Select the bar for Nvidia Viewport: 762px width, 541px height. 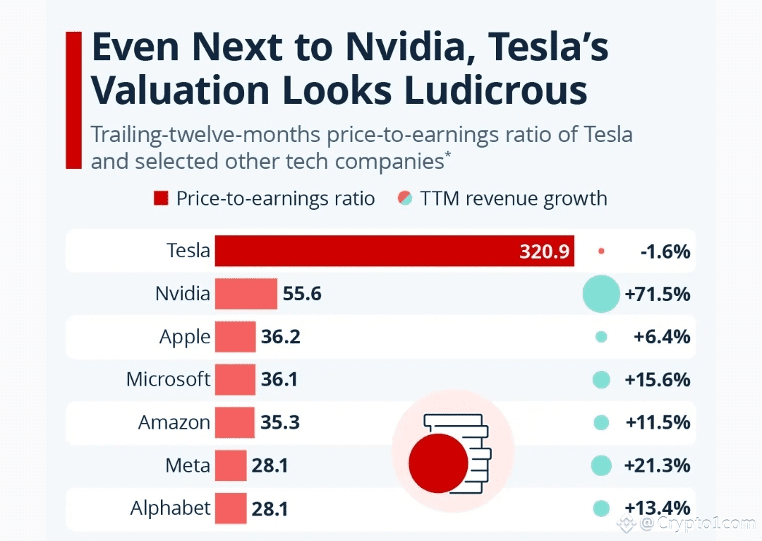(x=246, y=294)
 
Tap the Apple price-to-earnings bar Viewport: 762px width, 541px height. (x=235, y=337)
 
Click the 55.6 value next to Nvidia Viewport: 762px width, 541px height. (x=302, y=294)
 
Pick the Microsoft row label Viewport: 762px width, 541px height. (x=168, y=379)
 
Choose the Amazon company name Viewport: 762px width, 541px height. (x=174, y=422)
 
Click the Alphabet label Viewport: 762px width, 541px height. (x=171, y=508)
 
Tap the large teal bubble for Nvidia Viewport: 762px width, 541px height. (x=601, y=295)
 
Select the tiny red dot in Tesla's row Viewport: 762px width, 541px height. (x=601, y=251)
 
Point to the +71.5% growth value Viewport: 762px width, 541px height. (x=658, y=295)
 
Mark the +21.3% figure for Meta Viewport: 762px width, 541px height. (x=658, y=465)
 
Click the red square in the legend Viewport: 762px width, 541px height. (x=161, y=198)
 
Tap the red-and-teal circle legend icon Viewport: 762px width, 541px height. (x=405, y=198)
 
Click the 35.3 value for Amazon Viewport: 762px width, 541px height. (x=280, y=422)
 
